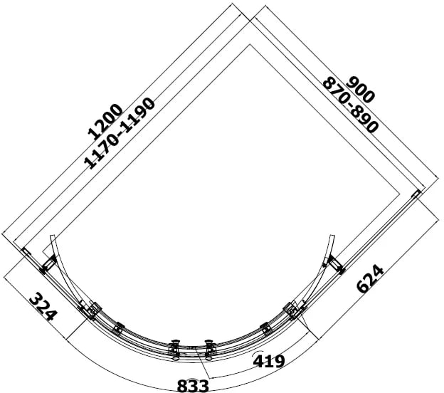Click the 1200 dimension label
[105, 122]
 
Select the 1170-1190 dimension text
[120, 134]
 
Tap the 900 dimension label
[360, 90]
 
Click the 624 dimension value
[371, 278]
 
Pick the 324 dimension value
[43, 307]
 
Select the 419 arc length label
[269, 361]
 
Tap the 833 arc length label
[193, 386]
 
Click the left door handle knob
[175, 350]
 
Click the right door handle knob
[209, 350]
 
